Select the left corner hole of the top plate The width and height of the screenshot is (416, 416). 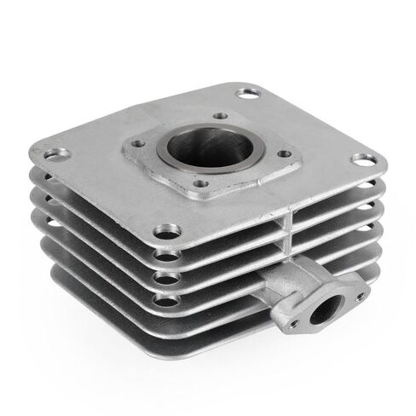(58, 154)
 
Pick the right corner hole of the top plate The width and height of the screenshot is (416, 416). (361, 159)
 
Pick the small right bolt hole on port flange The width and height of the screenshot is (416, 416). (361, 295)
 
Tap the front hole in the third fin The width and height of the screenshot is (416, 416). (168, 277)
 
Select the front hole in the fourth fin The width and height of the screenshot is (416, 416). (168, 298)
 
